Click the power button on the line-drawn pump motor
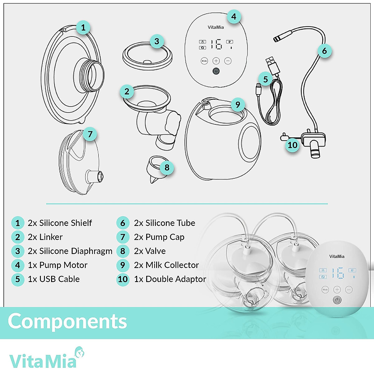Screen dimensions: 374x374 (216, 71)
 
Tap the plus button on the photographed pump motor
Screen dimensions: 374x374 (337, 290)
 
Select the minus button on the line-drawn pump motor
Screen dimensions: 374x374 (228, 61)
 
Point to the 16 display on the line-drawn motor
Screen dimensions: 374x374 (216, 45)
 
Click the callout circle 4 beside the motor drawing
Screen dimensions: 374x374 (234, 16)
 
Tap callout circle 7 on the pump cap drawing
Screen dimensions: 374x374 (90, 134)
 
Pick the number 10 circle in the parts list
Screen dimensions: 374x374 (123, 279)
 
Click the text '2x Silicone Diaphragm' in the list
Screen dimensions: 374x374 (70, 251)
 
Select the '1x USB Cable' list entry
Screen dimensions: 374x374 (54, 279)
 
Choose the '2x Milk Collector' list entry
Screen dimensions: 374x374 (166, 265)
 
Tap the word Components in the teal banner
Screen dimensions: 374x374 (67, 321)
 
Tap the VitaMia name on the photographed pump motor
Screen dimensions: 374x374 (337, 257)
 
